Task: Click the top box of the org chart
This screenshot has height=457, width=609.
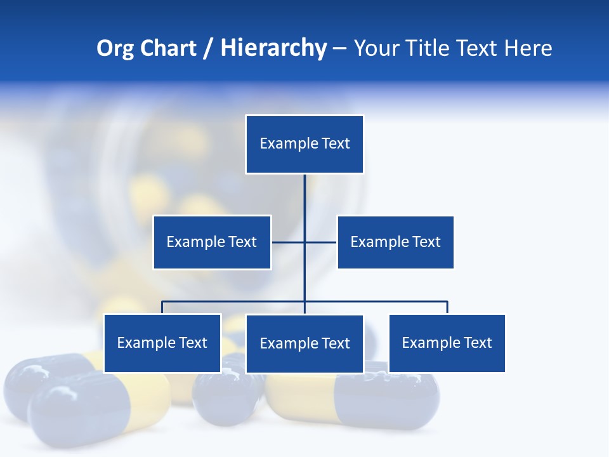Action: (304, 144)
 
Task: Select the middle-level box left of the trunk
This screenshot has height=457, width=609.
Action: (212, 242)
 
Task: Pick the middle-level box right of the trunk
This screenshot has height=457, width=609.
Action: (395, 242)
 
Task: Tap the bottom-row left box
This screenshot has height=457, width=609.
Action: (162, 343)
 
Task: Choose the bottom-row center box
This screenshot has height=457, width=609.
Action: (304, 343)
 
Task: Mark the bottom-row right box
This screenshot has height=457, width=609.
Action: (447, 343)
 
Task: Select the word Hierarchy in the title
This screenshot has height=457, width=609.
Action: (273, 48)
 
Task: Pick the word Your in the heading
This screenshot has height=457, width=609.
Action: (376, 48)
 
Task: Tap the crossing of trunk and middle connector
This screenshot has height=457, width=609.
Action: (304, 242)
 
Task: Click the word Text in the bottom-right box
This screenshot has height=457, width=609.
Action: (478, 343)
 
